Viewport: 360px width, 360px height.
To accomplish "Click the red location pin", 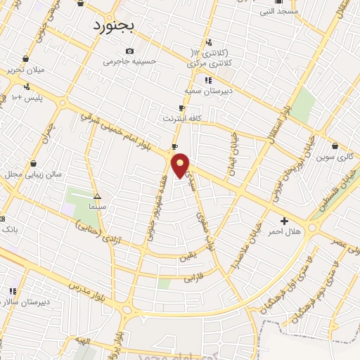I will pos(181,166).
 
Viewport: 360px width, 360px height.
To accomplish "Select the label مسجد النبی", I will pos(278,11).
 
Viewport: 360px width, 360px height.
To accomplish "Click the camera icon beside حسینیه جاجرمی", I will pos(129,51).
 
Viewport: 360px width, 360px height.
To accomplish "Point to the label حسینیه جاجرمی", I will pos(129,61).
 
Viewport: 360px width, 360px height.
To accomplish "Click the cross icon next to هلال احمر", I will pos(284,221).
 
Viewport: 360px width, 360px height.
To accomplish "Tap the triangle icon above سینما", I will pos(97,196).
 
